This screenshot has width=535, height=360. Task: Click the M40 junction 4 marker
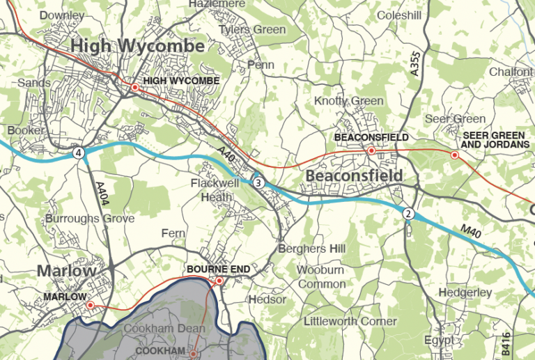tap(79, 152)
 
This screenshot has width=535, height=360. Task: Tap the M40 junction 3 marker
tap(258, 182)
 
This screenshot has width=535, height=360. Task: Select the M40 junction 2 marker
tap(409, 214)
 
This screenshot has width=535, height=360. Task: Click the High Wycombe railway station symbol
tap(134, 88)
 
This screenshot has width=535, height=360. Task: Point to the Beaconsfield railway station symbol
tap(371, 150)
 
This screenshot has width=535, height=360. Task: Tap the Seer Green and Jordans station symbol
tap(455, 155)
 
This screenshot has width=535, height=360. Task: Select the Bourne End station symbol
tap(219, 281)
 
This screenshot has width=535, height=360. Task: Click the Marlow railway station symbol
tap(90, 305)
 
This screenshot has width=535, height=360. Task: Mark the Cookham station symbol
tap(194, 354)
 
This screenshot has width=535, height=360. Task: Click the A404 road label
tap(101, 196)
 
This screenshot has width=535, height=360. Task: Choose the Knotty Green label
tap(348, 101)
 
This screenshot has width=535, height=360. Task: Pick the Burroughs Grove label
tap(89, 219)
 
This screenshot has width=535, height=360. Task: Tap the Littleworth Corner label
tap(350, 321)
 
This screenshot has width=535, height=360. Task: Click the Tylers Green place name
tap(252, 30)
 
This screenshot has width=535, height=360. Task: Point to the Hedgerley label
tap(467, 292)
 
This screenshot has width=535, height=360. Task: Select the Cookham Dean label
tap(164, 328)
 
